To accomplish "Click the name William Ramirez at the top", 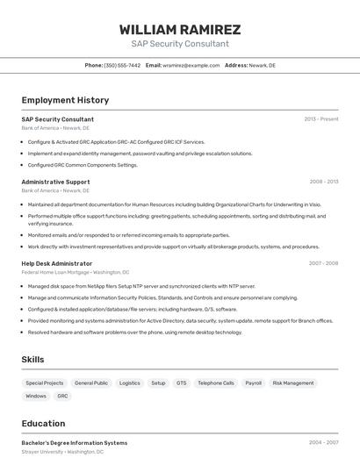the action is [x=180, y=30].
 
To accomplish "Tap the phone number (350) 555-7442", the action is [x=121, y=66].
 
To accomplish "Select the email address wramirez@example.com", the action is [x=191, y=66].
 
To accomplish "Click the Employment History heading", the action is [x=65, y=100].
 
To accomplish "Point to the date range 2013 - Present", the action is [x=320, y=119].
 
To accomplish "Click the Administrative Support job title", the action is [x=55, y=182].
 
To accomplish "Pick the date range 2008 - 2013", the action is [x=323, y=182].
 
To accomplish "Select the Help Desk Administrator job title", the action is [x=56, y=263].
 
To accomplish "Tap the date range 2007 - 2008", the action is [x=323, y=263].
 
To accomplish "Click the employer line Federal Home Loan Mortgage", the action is [x=75, y=272].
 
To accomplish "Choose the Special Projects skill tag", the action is [x=44, y=383].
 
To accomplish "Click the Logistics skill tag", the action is [x=129, y=383].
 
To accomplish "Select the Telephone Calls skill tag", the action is [x=215, y=383].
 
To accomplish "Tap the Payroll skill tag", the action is [x=253, y=383].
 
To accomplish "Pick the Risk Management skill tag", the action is [x=292, y=383].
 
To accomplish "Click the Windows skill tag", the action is [x=36, y=397].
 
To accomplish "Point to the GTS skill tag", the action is [x=181, y=383].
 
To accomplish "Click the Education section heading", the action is [x=43, y=423].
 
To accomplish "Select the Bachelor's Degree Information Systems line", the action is [x=74, y=443].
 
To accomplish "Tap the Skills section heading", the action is [x=32, y=359].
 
